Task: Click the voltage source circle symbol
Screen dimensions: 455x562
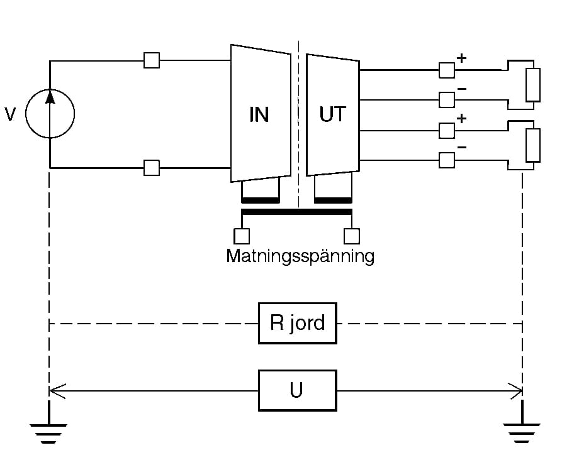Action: (x=50, y=114)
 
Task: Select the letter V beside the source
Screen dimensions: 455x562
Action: (x=11, y=114)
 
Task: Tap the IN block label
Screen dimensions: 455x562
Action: (x=259, y=115)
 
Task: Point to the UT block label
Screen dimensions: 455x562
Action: (x=333, y=115)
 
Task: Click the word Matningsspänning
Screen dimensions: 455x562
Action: (x=300, y=256)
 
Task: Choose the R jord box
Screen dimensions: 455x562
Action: (x=297, y=323)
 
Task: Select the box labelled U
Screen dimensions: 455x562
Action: (x=296, y=391)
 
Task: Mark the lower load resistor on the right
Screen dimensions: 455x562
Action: (x=532, y=145)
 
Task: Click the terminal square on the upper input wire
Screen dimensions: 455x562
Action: (x=152, y=60)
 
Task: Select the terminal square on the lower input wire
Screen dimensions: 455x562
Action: (x=152, y=168)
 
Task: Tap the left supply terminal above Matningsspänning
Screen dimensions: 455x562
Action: (x=242, y=236)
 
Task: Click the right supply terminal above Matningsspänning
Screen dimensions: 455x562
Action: (x=352, y=236)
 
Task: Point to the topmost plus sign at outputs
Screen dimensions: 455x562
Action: (x=461, y=58)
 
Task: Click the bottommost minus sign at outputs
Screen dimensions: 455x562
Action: (x=461, y=148)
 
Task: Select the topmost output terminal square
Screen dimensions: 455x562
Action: (x=446, y=70)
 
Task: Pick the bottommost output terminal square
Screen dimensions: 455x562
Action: (x=446, y=161)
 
